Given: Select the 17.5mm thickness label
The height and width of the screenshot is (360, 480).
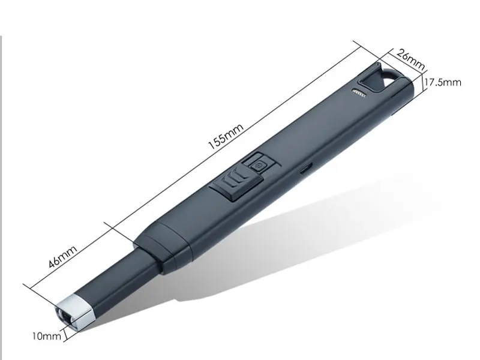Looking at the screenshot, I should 443,82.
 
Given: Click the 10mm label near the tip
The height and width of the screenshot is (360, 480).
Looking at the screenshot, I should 47,337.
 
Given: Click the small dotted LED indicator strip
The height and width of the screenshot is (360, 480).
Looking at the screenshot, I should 359,92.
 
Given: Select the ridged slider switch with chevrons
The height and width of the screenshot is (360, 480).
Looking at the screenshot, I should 230,184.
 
